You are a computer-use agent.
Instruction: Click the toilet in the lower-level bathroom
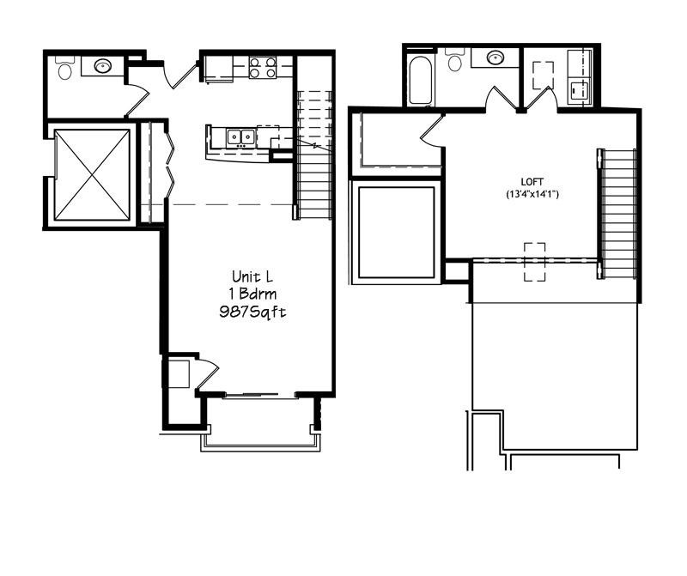pos(64,68)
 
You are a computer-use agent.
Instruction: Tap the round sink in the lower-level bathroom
pos(103,65)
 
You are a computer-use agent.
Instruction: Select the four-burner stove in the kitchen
pos(262,67)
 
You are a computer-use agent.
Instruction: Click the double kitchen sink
pos(240,136)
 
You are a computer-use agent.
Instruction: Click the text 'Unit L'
pos(252,276)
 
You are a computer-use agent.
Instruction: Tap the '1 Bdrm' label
pos(252,294)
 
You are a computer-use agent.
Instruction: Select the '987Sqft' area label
pos(252,312)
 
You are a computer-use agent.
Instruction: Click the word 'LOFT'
pos(532,182)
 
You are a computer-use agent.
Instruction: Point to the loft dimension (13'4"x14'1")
pos(532,195)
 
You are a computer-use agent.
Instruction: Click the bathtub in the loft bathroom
pos(420,80)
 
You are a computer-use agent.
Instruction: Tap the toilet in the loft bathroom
pos(455,61)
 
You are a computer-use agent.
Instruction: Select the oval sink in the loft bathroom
pos(495,58)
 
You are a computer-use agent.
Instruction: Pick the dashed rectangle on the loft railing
pos(534,262)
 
